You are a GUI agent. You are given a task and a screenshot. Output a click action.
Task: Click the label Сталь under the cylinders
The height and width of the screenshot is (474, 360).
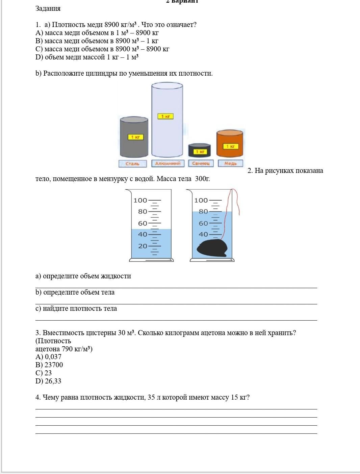point(132,164)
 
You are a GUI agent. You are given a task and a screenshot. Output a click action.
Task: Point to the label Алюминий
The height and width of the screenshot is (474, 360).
point(168,164)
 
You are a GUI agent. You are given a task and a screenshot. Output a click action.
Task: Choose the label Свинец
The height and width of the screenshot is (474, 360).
point(201,164)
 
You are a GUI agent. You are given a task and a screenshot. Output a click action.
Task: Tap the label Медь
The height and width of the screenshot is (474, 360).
point(230,164)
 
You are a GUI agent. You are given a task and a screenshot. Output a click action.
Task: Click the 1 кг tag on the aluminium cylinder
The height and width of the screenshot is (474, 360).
point(165,116)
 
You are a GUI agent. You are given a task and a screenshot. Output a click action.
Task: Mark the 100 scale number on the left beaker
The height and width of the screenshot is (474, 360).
point(140,200)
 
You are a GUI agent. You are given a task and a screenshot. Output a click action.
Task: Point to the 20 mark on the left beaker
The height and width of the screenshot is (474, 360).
point(143,246)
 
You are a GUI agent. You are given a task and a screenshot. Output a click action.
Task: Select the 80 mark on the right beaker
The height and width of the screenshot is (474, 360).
point(203,211)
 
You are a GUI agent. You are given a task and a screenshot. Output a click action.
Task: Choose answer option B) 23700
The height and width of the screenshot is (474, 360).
point(49,365)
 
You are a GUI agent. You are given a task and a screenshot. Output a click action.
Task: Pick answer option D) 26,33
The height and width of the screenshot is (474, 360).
point(49,381)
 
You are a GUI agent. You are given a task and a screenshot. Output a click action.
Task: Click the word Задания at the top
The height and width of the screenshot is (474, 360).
point(48,9)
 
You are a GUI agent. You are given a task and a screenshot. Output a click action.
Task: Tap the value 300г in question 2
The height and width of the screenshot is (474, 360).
point(202,179)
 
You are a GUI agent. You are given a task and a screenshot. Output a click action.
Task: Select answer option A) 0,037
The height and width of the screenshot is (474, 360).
point(49,357)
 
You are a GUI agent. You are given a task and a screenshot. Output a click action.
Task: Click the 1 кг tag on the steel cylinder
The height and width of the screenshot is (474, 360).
point(135,137)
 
